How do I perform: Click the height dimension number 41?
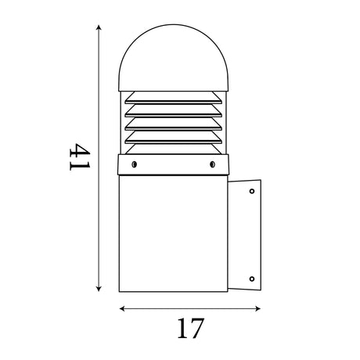click(x=80, y=157)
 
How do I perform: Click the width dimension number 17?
click(x=190, y=328)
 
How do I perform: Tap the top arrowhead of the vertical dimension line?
click(x=99, y=27)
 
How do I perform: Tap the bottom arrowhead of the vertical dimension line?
click(x=99, y=288)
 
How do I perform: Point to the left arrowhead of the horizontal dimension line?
click(x=122, y=309)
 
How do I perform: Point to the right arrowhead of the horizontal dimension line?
click(x=257, y=309)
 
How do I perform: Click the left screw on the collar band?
click(x=134, y=164)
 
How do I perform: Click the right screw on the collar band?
click(x=212, y=164)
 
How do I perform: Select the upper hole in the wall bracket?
click(x=252, y=191)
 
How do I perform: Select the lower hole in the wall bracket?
click(x=252, y=279)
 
